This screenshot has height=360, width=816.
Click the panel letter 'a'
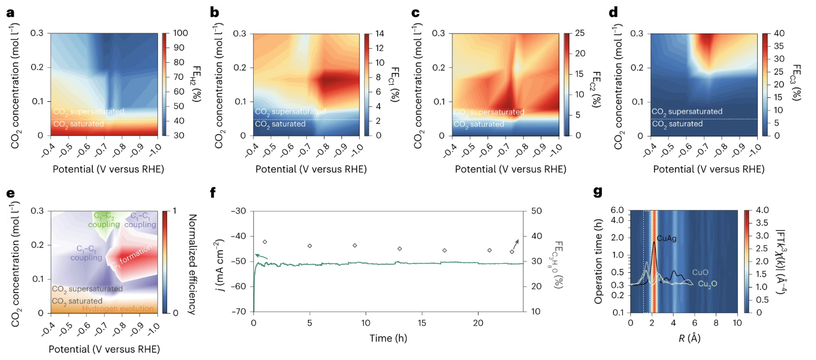point(10,11)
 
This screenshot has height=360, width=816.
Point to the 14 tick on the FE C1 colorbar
point(379,33)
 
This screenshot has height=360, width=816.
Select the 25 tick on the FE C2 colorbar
point(580,33)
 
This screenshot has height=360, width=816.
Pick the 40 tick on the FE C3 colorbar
point(779,33)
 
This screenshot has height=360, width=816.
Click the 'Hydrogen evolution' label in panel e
point(118,308)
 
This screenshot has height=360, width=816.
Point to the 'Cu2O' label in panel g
point(708,284)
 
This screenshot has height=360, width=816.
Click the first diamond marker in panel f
point(264,242)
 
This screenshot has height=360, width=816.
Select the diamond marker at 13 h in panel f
point(400,248)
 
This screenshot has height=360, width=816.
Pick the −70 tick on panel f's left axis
point(240,312)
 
